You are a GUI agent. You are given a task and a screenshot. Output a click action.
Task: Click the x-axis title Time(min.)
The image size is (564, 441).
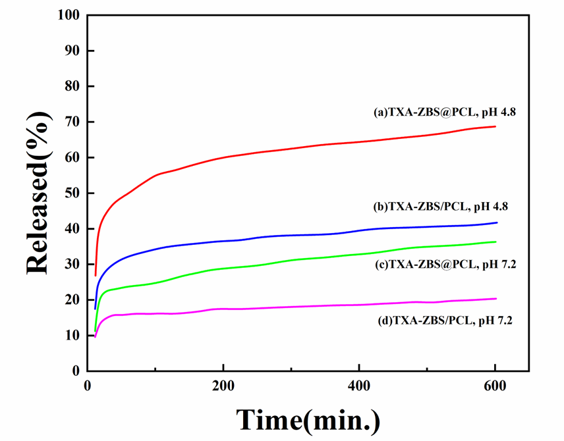click(308, 419)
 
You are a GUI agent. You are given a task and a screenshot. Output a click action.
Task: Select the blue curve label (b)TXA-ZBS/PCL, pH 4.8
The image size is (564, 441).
click(441, 206)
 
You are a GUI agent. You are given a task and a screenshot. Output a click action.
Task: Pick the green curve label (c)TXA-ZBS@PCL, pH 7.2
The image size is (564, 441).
click(452, 265)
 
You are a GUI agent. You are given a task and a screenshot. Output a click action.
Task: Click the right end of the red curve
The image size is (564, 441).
click(495, 126)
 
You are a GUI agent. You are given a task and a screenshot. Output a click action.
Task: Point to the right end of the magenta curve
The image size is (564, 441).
click(495, 298)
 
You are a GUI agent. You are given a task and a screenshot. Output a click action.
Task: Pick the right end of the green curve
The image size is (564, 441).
click(495, 242)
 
